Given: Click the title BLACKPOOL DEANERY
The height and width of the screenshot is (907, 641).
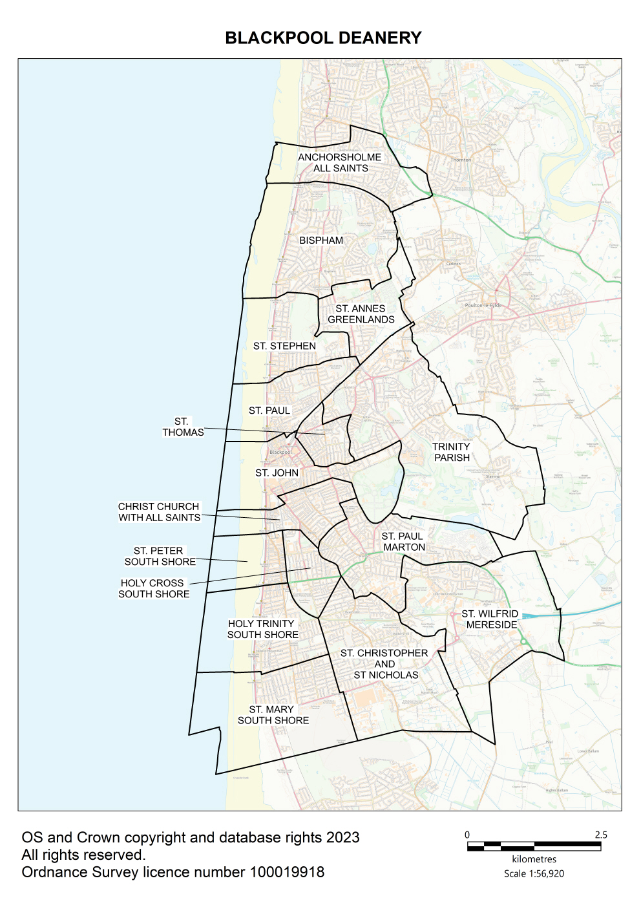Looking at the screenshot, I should tap(323, 38).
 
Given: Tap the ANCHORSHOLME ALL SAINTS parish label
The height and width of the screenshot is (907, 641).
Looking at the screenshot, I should tap(340, 163).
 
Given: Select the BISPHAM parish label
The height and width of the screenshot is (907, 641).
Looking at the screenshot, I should tap(321, 240).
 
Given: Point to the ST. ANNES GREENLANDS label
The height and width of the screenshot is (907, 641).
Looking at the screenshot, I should tap(361, 314).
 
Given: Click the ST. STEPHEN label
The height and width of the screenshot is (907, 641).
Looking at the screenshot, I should tap(284, 347).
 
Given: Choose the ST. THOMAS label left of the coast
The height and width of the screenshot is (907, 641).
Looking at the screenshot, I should tap(183, 427).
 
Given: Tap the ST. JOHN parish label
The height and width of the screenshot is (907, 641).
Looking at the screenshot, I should tap(277, 473).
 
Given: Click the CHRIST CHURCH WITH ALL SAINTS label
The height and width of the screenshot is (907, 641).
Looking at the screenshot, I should tap(159, 512).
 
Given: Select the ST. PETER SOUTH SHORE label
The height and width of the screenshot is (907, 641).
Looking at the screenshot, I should tap(160, 557).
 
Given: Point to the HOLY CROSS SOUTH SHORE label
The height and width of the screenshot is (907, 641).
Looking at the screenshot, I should tap(154, 588).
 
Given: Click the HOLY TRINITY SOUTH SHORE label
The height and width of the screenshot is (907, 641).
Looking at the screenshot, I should tap(262, 629).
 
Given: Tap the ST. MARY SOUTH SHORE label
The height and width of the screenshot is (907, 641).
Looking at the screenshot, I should tap(273, 715).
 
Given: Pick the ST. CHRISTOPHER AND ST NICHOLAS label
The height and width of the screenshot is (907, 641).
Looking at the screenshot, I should tap(385, 664).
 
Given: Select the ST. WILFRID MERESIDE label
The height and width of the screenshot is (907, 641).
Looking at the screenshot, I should tap(490, 619).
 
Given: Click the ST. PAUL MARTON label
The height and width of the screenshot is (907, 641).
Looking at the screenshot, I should tap(403, 542).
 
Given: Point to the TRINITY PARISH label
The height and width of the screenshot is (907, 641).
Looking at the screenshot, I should tap(452, 452).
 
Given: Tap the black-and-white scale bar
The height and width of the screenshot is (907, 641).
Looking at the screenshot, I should tap(534, 846).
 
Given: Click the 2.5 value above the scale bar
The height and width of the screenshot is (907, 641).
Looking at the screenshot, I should tap(601, 835).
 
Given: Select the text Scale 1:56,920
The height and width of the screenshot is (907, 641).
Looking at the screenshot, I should tap(534, 873).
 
